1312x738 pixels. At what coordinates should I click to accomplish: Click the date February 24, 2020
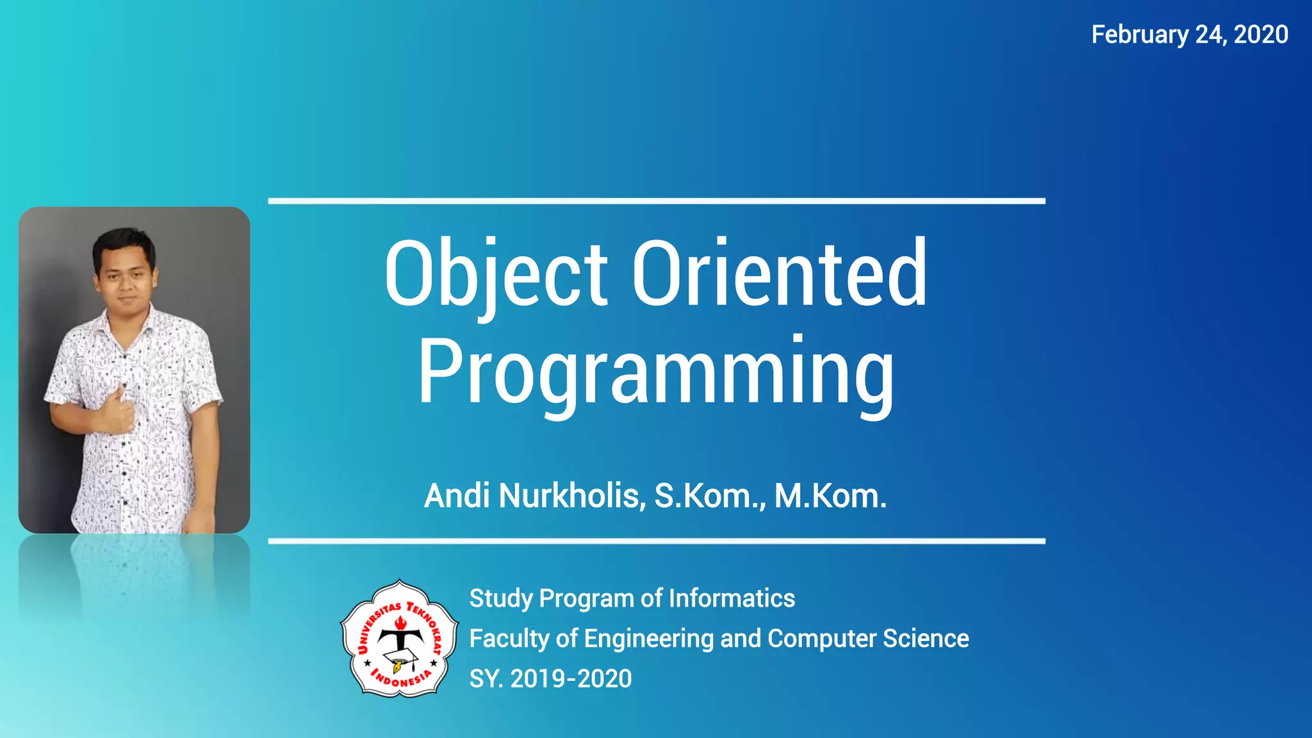click(1190, 35)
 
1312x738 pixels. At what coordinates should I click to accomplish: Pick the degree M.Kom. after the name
click(830, 496)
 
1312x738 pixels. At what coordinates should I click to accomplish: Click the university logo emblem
click(400, 638)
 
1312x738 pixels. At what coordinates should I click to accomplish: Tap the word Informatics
click(732, 598)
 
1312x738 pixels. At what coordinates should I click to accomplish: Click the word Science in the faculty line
click(926, 639)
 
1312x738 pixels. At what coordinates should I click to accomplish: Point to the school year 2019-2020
click(571, 679)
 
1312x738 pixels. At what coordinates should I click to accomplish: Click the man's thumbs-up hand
click(117, 411)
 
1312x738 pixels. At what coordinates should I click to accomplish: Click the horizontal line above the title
click(656, 201)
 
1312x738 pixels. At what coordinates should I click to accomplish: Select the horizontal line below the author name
click(656, 541)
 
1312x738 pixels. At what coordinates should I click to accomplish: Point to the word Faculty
click(509, 639)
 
